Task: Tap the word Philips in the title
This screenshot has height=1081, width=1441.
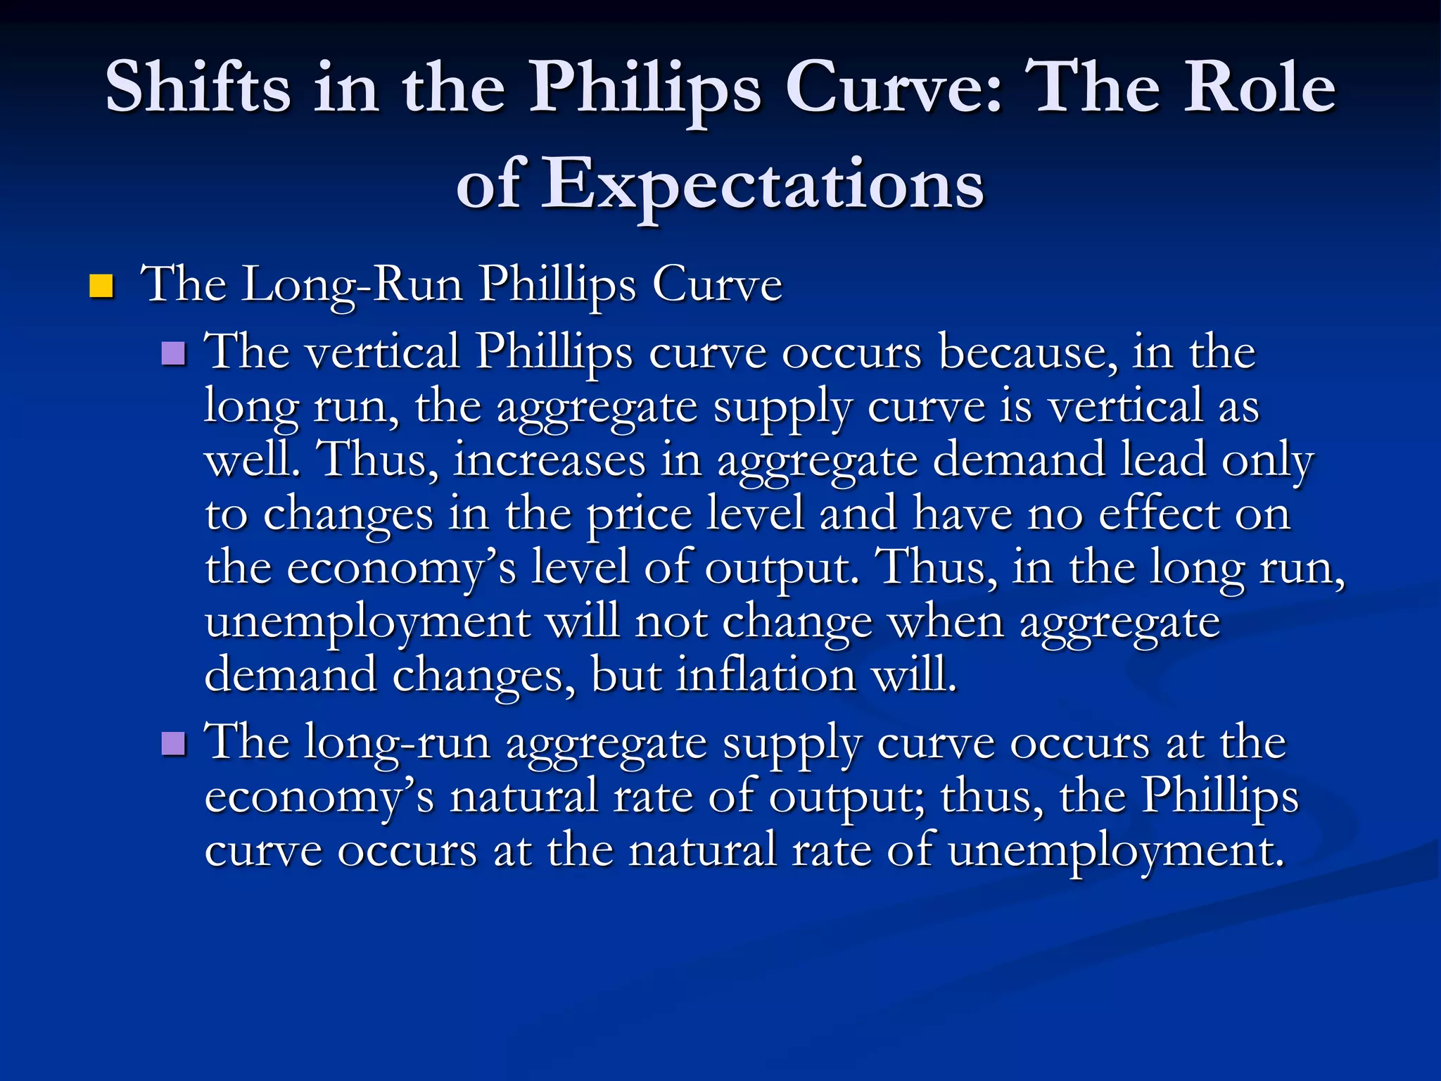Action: coord(645,88)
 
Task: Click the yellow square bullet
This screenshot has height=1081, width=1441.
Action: coord(101,286)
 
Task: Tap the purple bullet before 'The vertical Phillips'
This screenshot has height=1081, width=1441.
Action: coord(173,353)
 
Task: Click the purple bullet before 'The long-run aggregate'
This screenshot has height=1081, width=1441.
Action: coord(173,743)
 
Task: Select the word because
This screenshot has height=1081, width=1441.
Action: coord(1027,351)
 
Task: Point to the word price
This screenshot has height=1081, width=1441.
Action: coord(638,514)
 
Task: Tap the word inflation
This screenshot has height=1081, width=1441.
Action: coord(766,675)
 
